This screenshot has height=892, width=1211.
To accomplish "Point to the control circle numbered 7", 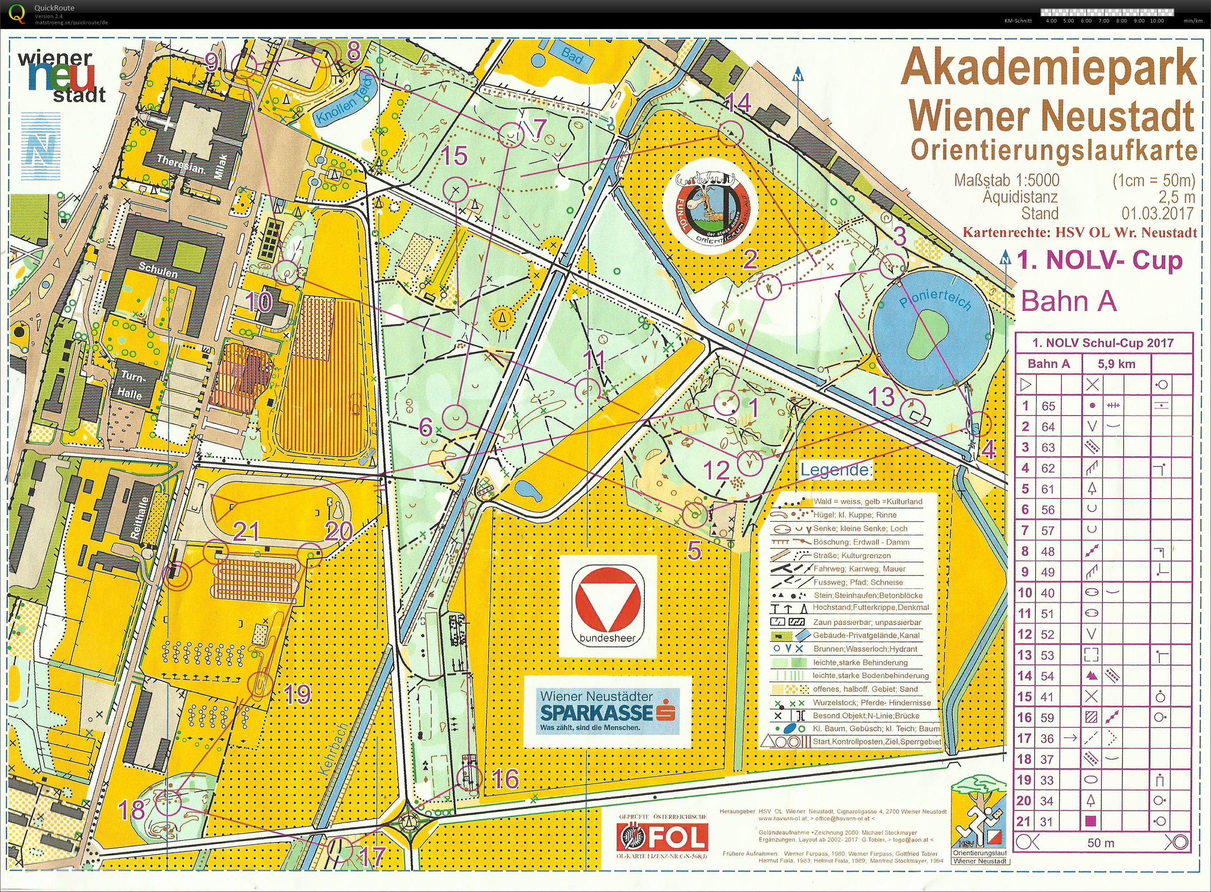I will tap(510, 135).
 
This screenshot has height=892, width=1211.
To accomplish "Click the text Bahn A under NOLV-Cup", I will tap(1068, 301).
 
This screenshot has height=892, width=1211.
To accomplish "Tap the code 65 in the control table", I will tap(1048, 406).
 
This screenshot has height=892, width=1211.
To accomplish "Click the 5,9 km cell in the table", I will tap(1116, 364).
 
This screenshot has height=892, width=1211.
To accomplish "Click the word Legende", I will tap(834, 469).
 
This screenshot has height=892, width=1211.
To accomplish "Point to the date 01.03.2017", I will tap(1157, 213).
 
